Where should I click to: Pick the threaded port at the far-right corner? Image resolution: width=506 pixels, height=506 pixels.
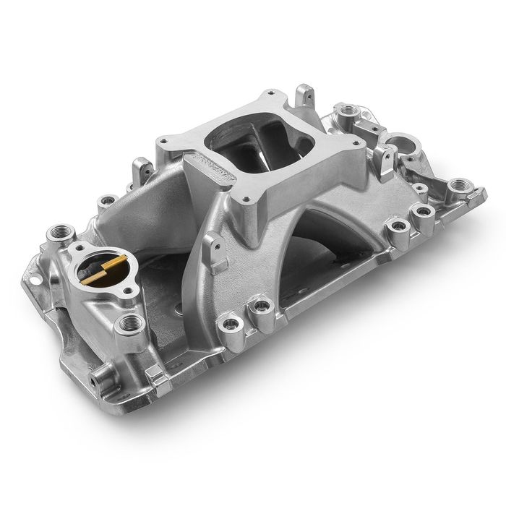(x=456, y=186)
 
